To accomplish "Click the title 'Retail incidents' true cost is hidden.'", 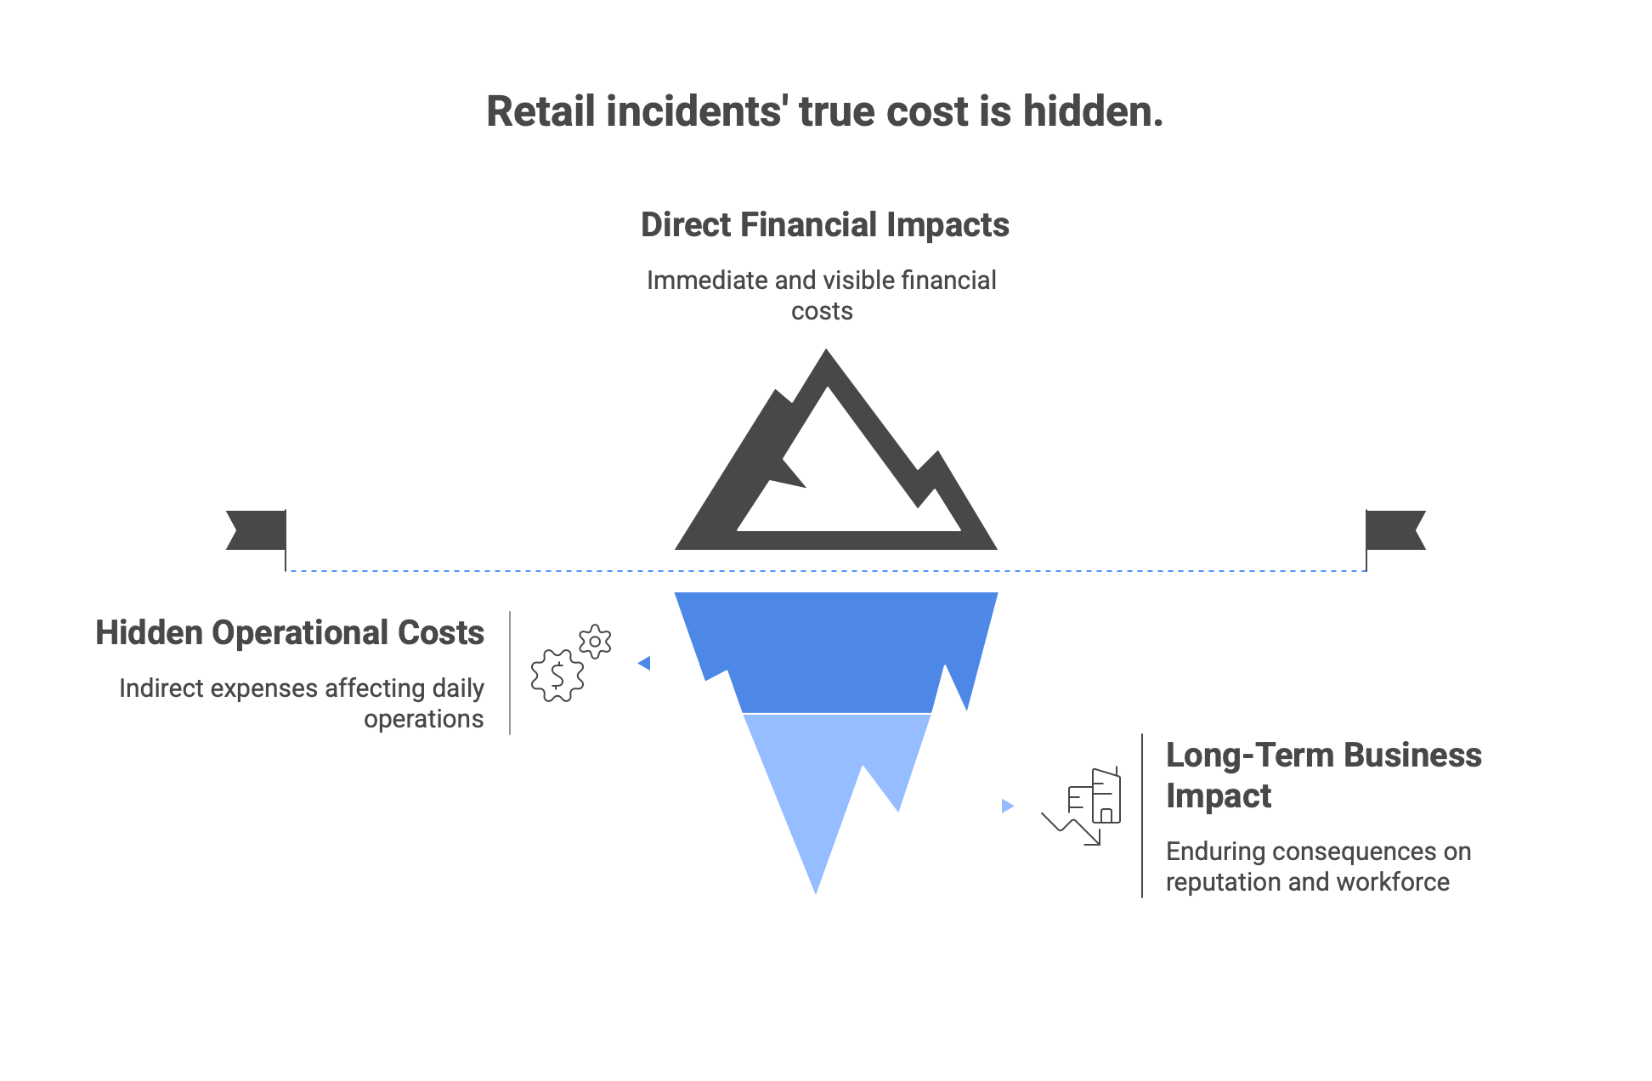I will click(x=824, y=112).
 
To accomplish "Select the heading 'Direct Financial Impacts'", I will click(x=824, y=225).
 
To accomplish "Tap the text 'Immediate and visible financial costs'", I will click(x=822, y=295).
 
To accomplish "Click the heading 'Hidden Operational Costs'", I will click(x=290, y=633).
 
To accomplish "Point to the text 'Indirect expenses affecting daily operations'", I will click(x=302, y=703).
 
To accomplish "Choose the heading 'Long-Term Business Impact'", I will click(x=1323, y=775).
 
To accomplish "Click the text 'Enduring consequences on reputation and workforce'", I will click(x=1318, y=866).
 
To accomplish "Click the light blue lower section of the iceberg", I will click(x=816, y=782).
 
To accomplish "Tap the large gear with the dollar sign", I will click(x=557, y=676).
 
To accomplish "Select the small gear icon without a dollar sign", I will click(x=595, y=642).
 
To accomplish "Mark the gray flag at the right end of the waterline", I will click(x=1395, y=529).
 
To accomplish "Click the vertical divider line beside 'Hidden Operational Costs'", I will click(x=510, y=672).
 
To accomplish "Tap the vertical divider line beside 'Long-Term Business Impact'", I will click(x=1142, y=815).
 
